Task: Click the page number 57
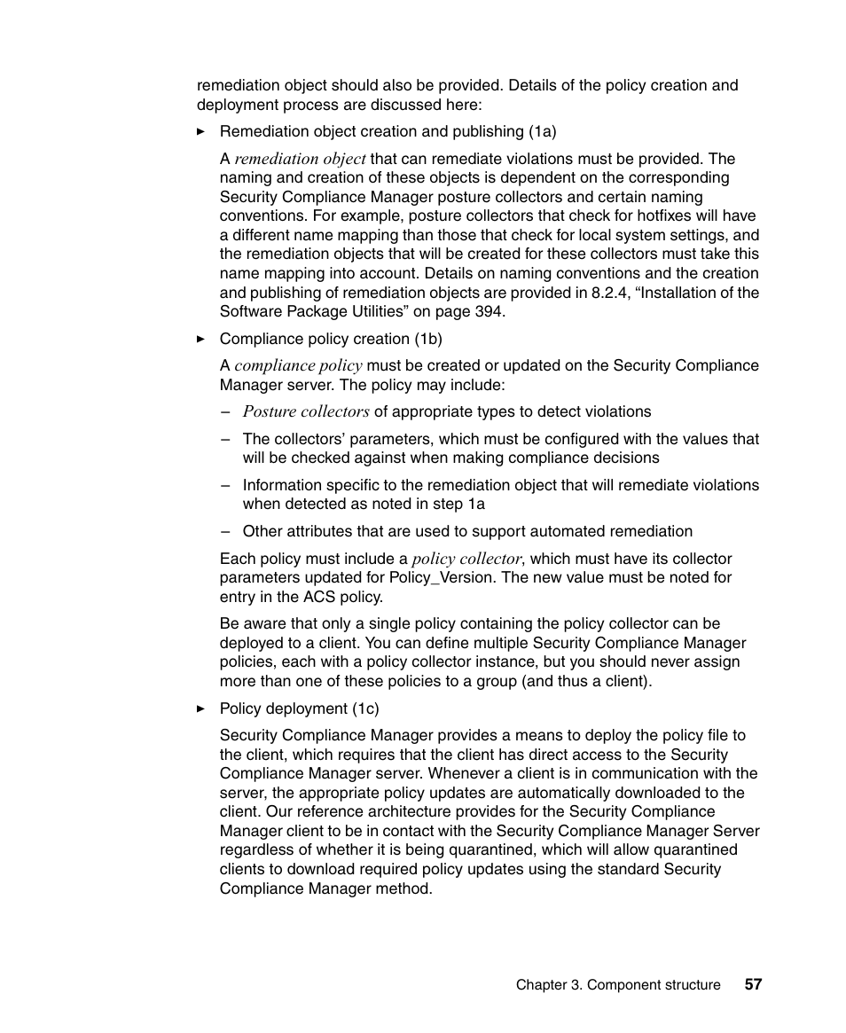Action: click(x=753, y=985)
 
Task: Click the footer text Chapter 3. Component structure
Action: click(x=618, y=985)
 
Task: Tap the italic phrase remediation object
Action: click(x=300, y=159)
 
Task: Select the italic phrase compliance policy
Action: click(x=298, y=365)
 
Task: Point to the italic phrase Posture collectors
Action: click(x=306, y=411)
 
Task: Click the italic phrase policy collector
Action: click(x=466, y=559)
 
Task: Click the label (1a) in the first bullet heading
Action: click(x=543, y=131)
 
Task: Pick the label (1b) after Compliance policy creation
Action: click(x=428, y=339)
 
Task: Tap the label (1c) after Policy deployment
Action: click(x=365, y=708)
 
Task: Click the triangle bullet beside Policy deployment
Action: click(x=200, y=708)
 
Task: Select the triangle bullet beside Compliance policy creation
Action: click(x=200, y=339)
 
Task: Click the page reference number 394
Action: click(x=489, y=311)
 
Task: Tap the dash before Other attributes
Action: click(x=225, y=531)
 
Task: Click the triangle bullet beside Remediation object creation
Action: click(x=200, y=131)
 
